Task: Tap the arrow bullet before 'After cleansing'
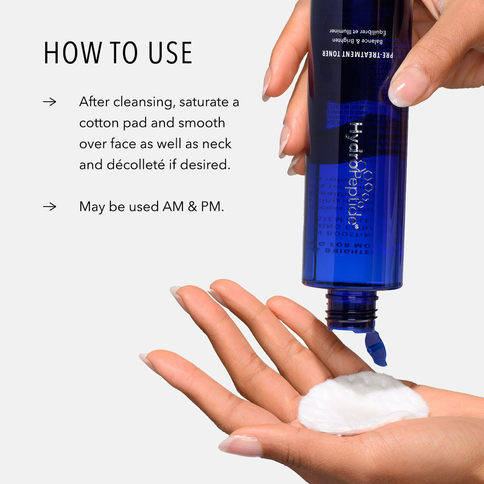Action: click(50, 102)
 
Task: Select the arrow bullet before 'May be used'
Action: click(50, 207)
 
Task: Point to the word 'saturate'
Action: click(205, 102)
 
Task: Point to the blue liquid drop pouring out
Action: click(376, 348)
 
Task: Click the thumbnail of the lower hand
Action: click(240, 445)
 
